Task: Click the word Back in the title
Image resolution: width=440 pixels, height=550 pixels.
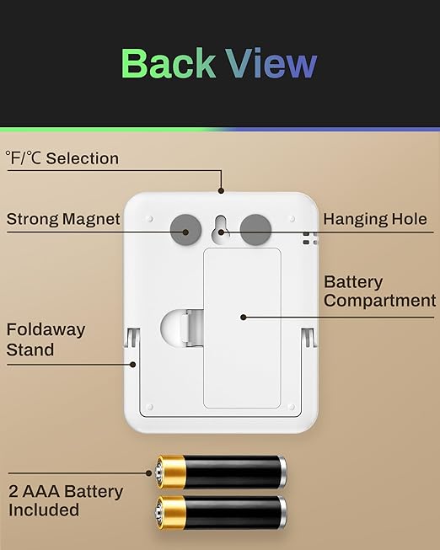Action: [x=168, y=63]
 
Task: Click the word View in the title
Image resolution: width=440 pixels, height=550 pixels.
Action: [x=271, y=63]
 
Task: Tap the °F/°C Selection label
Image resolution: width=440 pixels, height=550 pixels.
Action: [x=62, y=158]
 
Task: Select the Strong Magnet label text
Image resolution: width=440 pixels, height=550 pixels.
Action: [x=63, y=219]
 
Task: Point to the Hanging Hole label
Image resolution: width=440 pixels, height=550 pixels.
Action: [x=375, y=219]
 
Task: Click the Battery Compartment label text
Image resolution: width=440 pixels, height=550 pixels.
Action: [x=380, y=291]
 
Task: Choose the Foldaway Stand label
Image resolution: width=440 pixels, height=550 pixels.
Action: [x=46, y=339]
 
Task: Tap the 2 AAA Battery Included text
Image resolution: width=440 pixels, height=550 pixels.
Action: [x=66, y=500]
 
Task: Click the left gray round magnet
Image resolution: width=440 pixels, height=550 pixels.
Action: [x=185, y=229]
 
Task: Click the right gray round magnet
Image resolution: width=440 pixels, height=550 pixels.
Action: [x=255, y=229]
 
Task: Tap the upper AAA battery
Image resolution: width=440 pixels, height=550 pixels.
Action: [x=221, y=473]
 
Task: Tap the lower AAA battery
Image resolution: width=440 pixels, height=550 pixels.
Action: [x=221, y=512]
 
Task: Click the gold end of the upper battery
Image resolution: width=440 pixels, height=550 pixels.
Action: [x=170, y=473]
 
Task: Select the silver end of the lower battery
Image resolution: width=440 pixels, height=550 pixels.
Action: [x=283, y=512]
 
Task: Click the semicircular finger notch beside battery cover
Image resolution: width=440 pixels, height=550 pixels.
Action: [x=171, y=328]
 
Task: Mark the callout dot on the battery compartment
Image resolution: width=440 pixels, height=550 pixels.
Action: [x=244, y=317]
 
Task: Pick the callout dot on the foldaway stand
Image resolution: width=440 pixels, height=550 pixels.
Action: [x=132, y=365]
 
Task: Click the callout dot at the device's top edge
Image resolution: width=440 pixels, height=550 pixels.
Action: [x=221, y=190]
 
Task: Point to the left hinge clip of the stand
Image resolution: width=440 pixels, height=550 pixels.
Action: [x=132, y=338]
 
